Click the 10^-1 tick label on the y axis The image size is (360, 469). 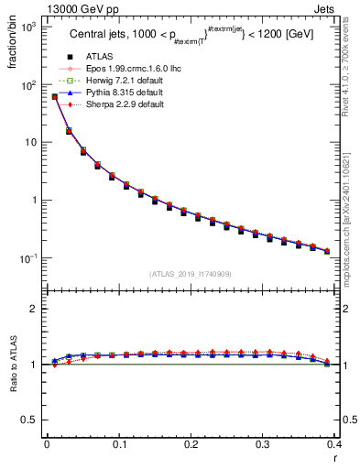27,258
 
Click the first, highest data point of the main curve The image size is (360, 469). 54,96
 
